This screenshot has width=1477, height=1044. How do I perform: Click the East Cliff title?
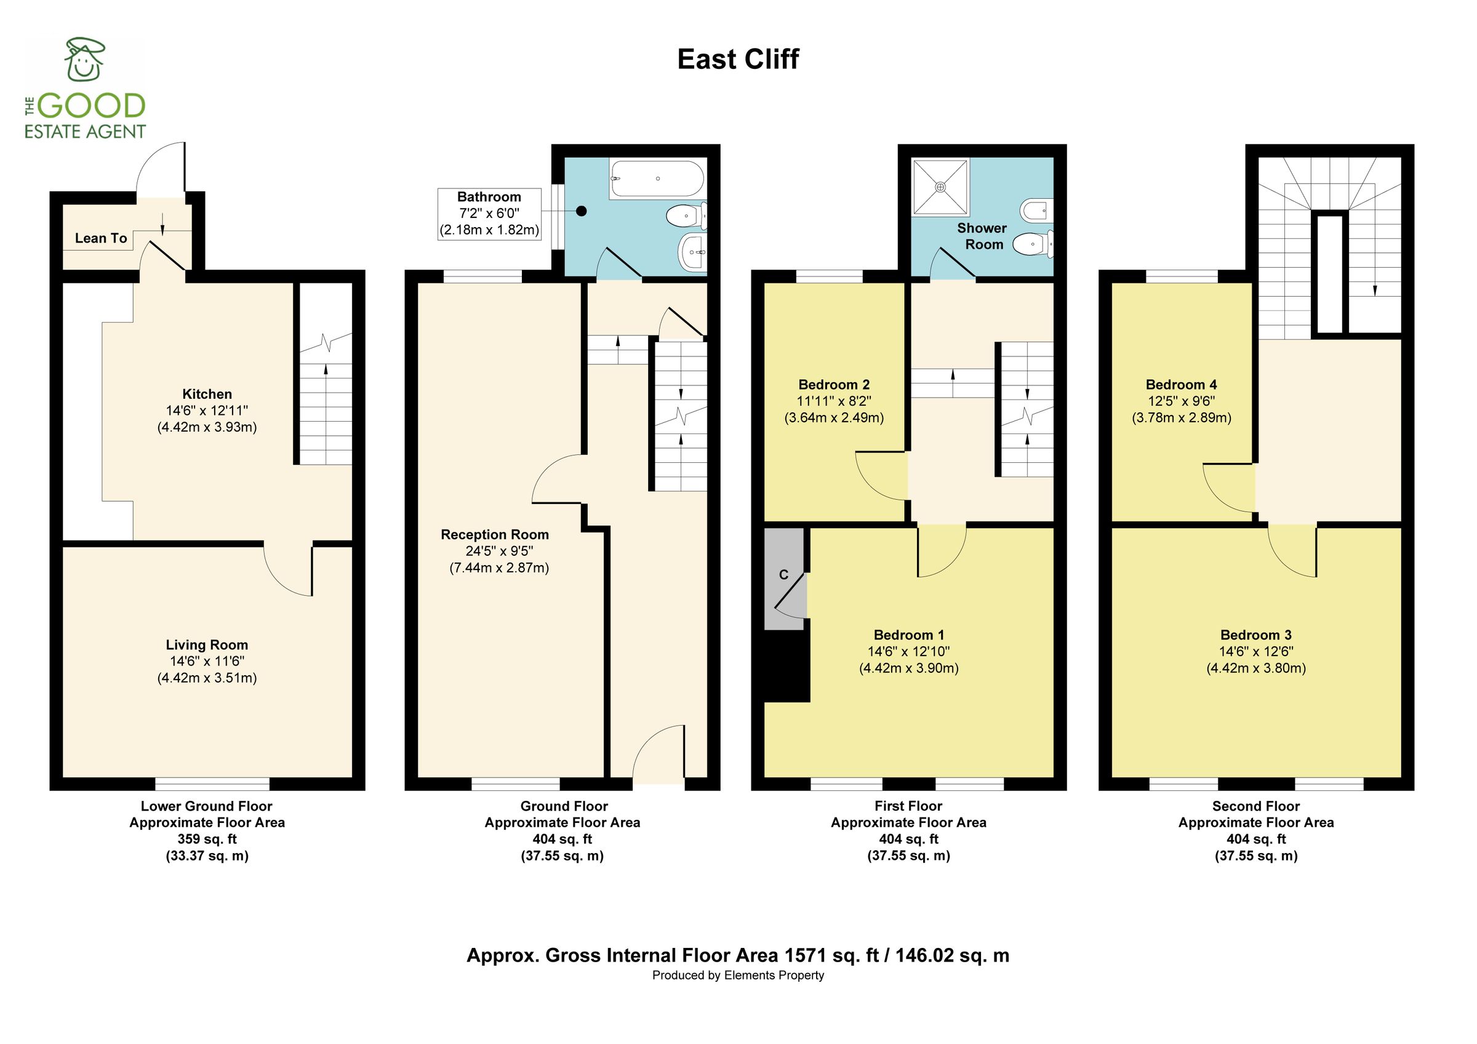point(738,60)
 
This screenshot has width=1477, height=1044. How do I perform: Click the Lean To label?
point(101,239)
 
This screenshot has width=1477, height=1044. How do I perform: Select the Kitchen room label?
point(207,395)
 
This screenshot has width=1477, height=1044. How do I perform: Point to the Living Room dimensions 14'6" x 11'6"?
point(207,661)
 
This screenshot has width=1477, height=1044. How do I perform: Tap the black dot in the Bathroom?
point(582,211)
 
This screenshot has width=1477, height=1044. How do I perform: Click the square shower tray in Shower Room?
point(940,187)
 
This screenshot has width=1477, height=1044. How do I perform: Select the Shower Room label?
point(982,236)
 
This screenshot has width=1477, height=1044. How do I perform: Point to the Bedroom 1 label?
point(908,635)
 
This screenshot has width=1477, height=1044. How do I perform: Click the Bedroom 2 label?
point(834,385)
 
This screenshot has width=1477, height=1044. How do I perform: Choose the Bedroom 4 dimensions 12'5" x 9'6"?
point(1181,401)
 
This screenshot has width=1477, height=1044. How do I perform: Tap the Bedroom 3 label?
point(1255,635)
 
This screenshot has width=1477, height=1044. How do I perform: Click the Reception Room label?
point(495,534)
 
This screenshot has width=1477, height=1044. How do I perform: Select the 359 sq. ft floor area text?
point(207,840)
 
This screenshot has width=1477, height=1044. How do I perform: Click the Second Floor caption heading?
point(1255,806)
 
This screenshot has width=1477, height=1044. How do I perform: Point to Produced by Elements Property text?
point(738,976)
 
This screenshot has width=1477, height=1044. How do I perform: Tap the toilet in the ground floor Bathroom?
point(685,216)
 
